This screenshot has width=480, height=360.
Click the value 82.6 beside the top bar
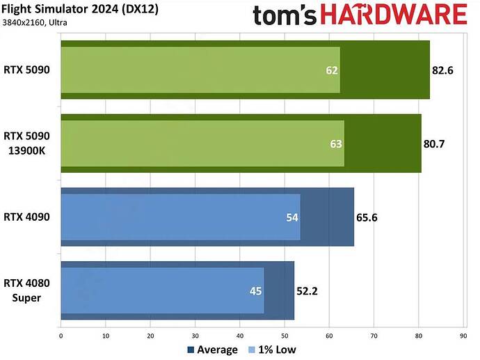(x=445, y=70)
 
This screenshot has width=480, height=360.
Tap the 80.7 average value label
(x=436, y=143)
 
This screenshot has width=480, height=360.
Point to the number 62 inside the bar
(x=331, y=70)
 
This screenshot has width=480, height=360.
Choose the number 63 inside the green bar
(x=335, y=143)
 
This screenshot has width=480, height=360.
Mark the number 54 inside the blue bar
(x=292, y=217)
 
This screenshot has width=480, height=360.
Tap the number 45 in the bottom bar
(x=256, y=290)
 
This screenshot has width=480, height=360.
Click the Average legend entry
(x=213, y=350)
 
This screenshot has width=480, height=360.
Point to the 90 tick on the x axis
(x=463, y=336)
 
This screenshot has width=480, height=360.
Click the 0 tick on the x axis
(x=61, y=336)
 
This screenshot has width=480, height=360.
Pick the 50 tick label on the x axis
(x=285, y=336)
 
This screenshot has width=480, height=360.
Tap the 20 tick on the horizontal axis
(x=150, y=336)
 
